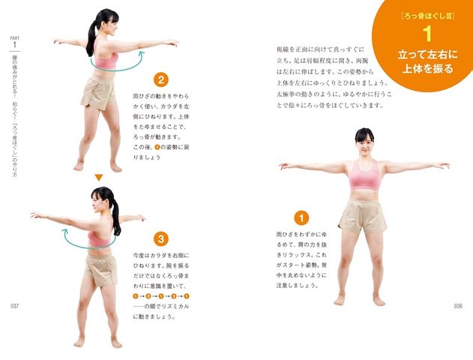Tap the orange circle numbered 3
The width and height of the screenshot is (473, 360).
tap(161, 239)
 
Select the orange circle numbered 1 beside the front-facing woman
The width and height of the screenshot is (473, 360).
tap(301, 218)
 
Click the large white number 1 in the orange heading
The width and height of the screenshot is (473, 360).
tap(426, 34)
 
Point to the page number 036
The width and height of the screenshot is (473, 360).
tap(459, 306)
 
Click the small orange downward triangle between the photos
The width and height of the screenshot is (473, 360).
tap(98, 177)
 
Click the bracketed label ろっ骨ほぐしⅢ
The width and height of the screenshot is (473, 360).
tap(425, 15)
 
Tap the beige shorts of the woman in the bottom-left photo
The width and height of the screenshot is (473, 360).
tap(100, 269)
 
